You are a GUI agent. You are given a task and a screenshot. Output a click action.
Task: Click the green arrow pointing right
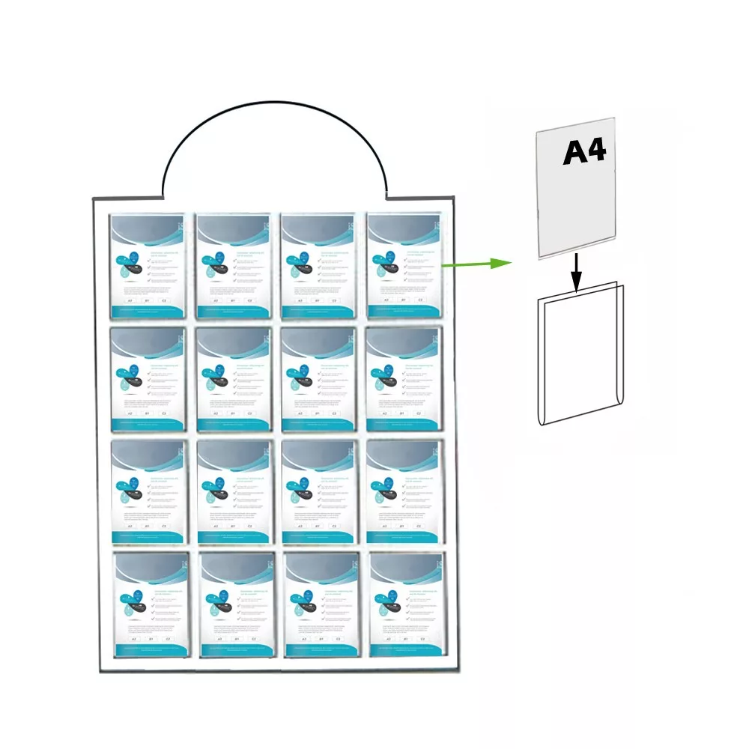point(475,263)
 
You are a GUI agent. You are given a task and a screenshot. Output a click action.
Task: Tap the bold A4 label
point(584,152)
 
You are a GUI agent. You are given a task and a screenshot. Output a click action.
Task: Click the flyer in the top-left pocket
point(148,266)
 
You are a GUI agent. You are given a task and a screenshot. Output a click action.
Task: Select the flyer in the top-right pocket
point(404,266)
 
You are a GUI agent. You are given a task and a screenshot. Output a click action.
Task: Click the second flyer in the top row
point(233,266)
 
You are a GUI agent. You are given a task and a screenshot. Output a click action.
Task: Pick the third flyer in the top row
point(318,266)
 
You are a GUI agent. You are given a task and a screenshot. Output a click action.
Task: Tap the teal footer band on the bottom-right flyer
point(407,649)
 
